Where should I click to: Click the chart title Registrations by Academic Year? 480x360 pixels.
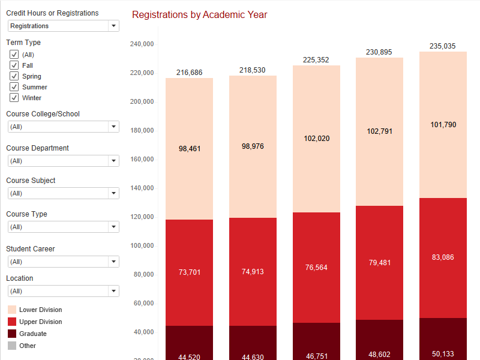[x=200, y=14]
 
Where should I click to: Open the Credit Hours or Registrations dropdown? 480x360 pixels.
[x=64, y=26]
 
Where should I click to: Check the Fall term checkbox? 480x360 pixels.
[x=14, y=65]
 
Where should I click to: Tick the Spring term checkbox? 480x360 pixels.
[x=14, y=76]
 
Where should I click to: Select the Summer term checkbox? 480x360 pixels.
[x=14, y=87]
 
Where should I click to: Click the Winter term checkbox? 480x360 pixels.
[x=14, y=98]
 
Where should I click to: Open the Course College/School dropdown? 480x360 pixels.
[x=64, y=127]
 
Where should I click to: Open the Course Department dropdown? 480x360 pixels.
[x=64, y=161]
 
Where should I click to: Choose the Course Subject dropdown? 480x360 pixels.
[x=64, y=193]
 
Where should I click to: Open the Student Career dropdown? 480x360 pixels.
[x=64, y=262]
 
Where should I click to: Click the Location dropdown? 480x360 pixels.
[x=64, y=291]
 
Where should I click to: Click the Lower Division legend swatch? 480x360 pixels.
[x=12, y=310]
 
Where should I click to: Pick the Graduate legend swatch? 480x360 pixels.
[x=12, y=334]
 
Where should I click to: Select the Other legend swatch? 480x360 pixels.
[x=12, y=346]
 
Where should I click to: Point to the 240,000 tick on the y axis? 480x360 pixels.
[x=142, y=44]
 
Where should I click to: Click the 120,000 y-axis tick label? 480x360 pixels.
[x=142, y=217]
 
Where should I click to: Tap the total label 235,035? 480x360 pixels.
[x=443, y=46]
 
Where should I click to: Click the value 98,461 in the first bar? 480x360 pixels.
[x=190, y=148]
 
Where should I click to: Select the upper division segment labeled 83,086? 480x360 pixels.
[x=443, y=257]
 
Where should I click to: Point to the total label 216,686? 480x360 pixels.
[x=190, y=73]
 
